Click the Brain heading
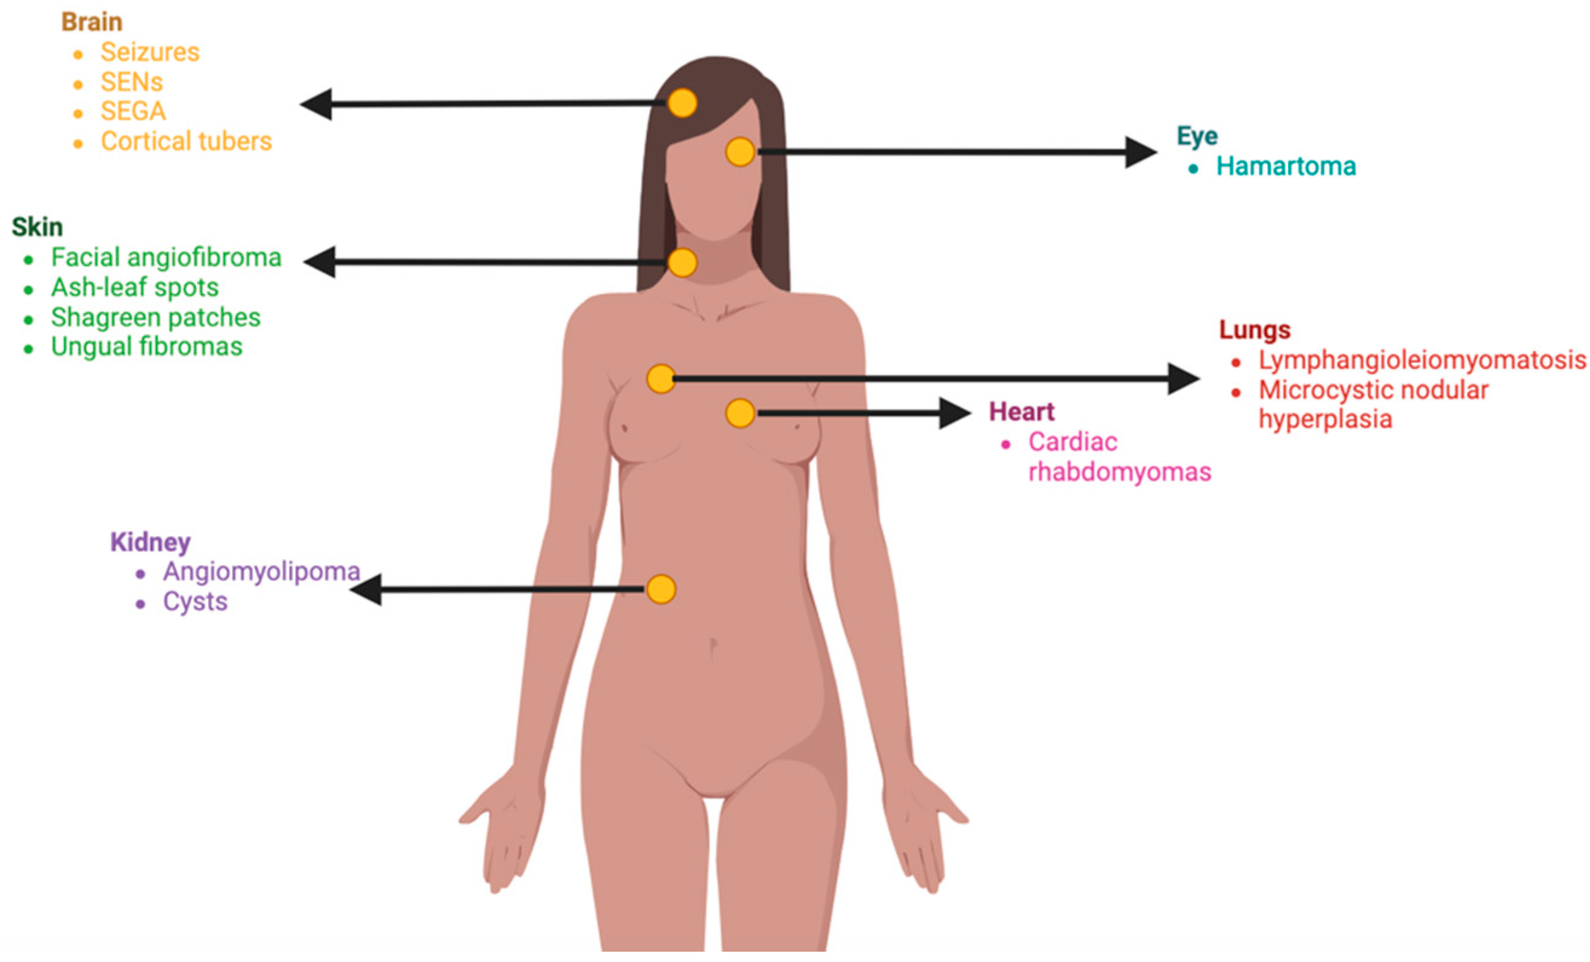pos(92,22)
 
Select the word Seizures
pos(150,52)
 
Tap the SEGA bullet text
pos(133,112)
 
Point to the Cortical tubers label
pos(186,141)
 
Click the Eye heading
pos(1197,137)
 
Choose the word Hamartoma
pos(1285,166)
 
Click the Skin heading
pos(37,227)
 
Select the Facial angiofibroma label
pos(166,258)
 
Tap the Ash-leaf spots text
pos(134,287)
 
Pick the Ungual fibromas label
pos(146,347)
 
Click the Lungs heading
pos(1254,330)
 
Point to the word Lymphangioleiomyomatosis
pos(1422,360)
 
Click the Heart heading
pos(1022,412)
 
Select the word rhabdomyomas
pos(1120,472)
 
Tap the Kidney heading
pos(151,542)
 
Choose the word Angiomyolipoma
pos(261,571)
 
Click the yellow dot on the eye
pos(740,152)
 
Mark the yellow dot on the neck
pos(682,262)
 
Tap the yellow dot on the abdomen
pos(661,589)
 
